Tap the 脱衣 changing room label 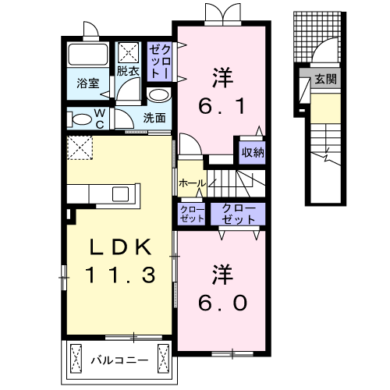pos(129,71)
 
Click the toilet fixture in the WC pos(81,119)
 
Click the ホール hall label pos(192,183)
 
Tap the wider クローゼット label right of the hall pos(238,214)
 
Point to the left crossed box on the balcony pos(77,358)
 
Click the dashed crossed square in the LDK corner pos(80,147)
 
